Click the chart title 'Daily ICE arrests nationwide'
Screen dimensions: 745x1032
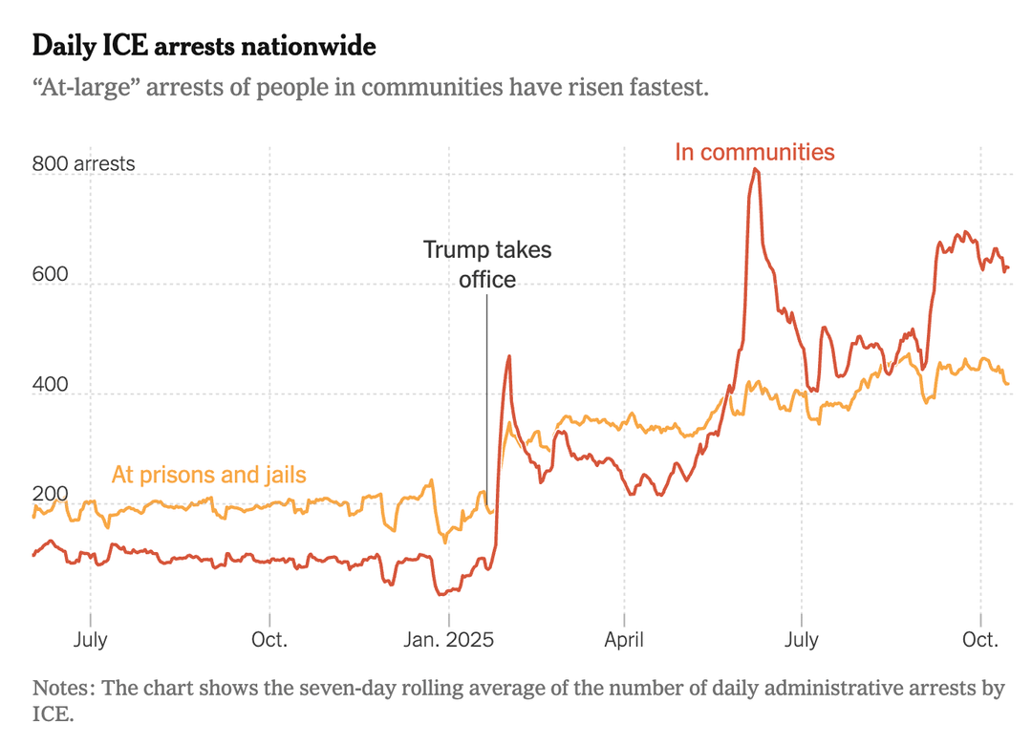[x=204, y=46]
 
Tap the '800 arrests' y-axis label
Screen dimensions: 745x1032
[x=83, y=164]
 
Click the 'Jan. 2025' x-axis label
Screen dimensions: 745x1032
[x=448, y=639]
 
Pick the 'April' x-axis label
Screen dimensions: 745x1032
[x=624, y=639]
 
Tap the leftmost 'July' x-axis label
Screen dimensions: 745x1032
[x=91, y=639]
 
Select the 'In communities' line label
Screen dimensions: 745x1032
[x=755, y=152]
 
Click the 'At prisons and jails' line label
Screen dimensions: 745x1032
[x=209, y=474]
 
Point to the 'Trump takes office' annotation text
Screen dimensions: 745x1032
[x=487, y=265]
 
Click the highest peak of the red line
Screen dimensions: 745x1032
[x=755, y=170]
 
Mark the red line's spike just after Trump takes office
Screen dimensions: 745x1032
[x=508, y=356]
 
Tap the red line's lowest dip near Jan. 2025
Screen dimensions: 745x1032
[x=441, y=594]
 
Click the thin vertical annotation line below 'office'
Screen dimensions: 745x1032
[x=487, y=401]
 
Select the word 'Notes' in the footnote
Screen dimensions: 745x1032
[x=60, y=689]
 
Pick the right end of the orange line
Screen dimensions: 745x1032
[x=1007, y=384]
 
